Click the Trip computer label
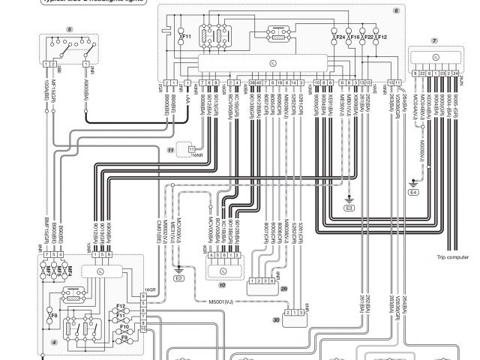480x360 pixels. pyautogui.click(x=452, y=258)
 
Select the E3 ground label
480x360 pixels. pyautogui.click(x=348, y=206)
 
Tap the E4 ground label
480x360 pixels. pyautogui.click(x=413, y=192)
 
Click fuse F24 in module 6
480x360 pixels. pyautogui.click(x=340, y=36)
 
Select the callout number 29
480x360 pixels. pyautogui.click(x=283, y=288)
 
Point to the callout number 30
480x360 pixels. pyautogui.click(x=277, y=319)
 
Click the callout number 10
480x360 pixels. pyautogui.click(x=222, y=286)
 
